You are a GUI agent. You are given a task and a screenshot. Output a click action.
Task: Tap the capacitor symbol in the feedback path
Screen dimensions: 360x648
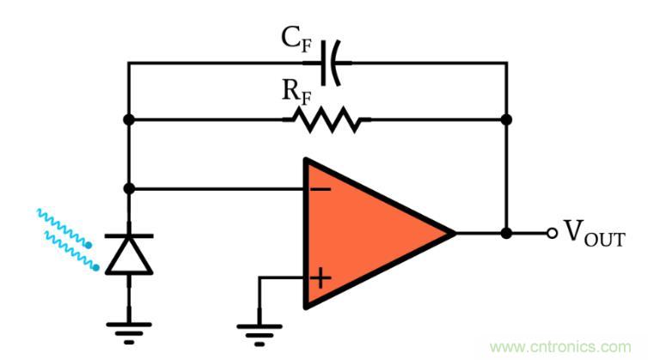coord(333,63)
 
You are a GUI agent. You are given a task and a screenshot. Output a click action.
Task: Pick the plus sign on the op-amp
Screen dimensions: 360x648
coord(320,278)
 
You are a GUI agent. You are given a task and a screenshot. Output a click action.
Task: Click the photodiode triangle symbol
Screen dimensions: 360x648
coord(128,253)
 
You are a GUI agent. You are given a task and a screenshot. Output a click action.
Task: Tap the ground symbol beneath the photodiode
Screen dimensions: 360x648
coord(128,326)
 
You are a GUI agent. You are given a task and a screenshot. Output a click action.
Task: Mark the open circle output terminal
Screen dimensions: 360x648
coord(552,233)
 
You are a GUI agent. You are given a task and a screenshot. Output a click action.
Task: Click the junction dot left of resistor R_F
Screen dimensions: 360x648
coord(128,119)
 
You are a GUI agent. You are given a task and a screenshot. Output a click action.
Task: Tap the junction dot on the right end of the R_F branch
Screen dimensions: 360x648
coord(507,119)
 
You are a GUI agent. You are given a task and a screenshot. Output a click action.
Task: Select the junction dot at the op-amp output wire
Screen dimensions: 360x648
coord(507,233)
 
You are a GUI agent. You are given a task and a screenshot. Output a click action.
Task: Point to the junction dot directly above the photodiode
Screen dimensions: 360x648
coord(128,188)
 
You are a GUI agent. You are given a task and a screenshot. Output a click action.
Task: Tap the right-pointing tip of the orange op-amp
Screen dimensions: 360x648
coord(451,233)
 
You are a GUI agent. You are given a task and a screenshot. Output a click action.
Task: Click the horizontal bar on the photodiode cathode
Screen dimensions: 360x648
coord(128,235)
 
